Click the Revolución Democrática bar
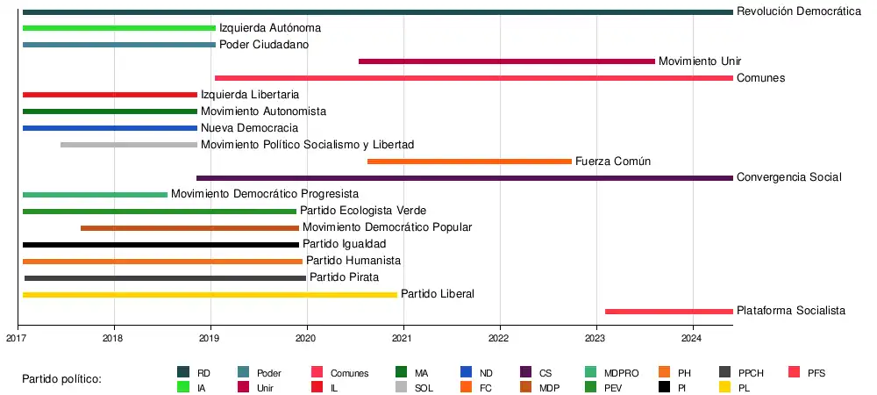point(377,11)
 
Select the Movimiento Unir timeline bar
point(507,61)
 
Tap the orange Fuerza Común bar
point(469,162)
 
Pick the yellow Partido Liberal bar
point(210,294)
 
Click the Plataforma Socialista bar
point(668,311)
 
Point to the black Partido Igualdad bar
point(160,244)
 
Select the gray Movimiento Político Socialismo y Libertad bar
point(129,145)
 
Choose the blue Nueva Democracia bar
point(110,128)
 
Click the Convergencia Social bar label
point(788,178)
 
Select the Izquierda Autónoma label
point(269,28)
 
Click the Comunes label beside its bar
point(760,78)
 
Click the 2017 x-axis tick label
point(18,338)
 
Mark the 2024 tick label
point(692,338)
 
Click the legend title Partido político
point(61,379)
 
